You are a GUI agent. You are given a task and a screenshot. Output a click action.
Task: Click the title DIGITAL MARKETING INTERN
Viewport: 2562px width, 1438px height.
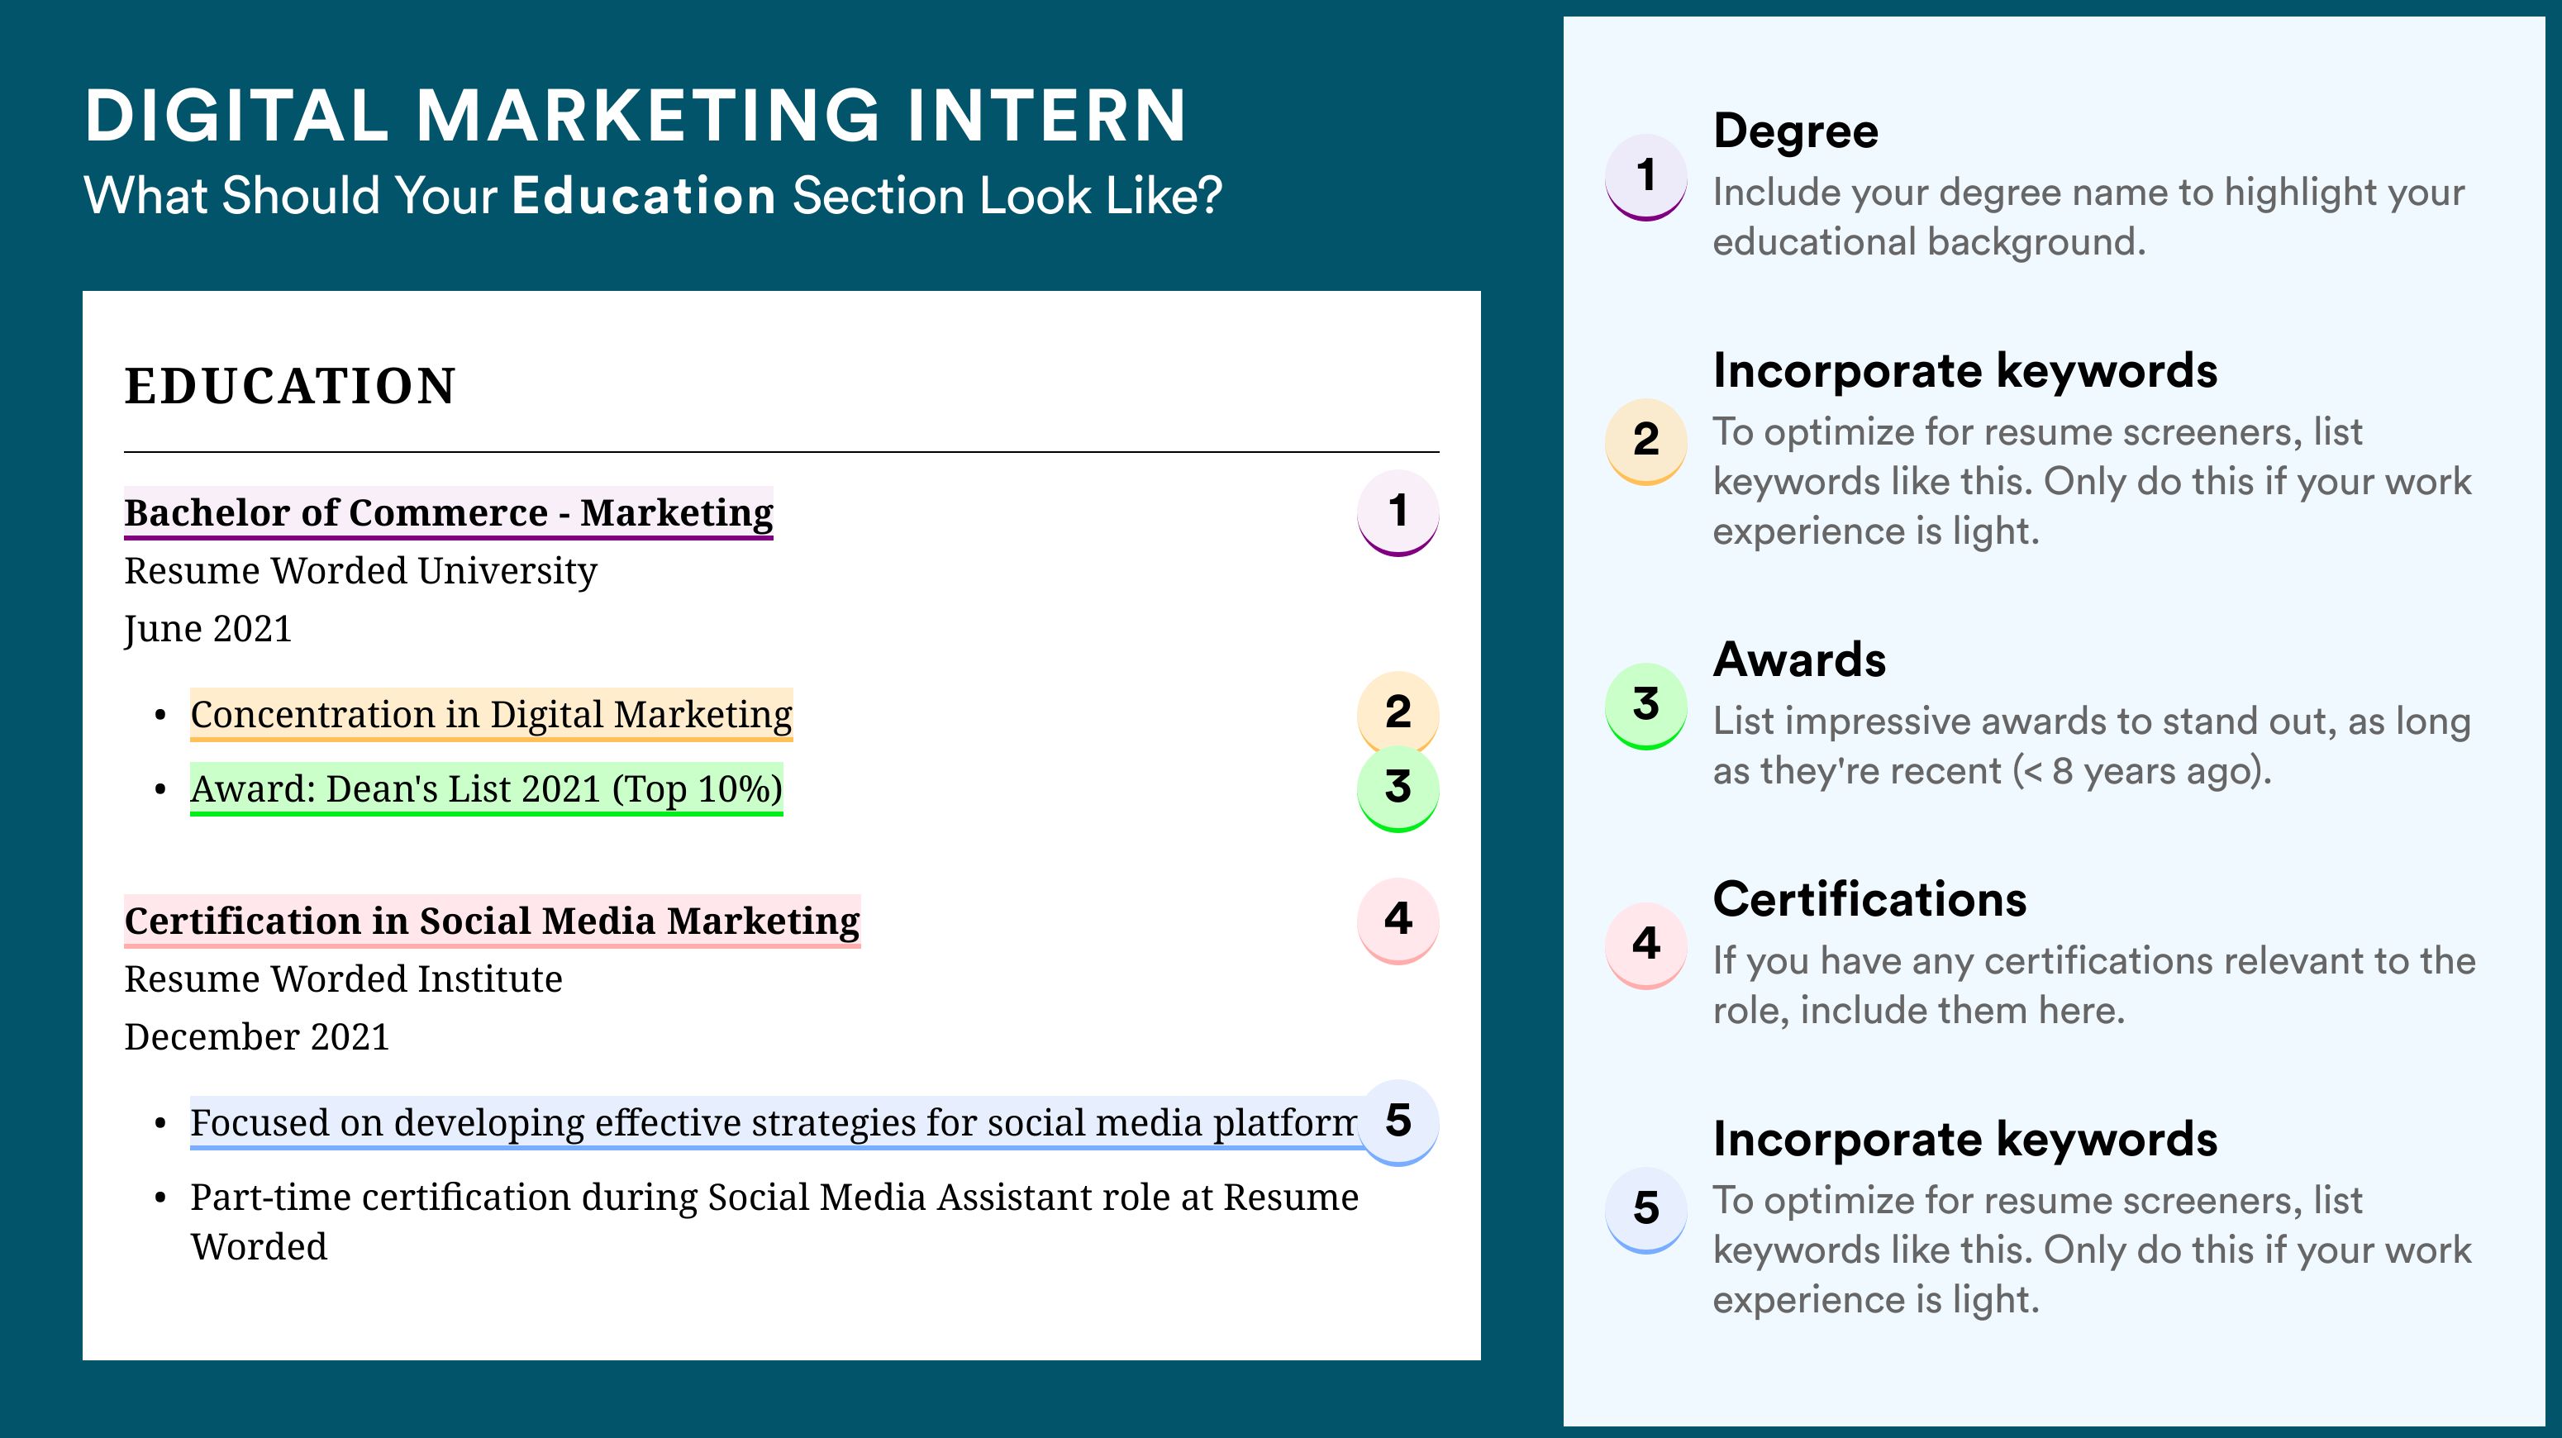click(636, 116)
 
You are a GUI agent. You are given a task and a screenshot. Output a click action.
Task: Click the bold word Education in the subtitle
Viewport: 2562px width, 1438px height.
click(644, 195)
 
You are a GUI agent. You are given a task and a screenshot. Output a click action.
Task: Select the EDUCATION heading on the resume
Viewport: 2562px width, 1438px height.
click(289, 386)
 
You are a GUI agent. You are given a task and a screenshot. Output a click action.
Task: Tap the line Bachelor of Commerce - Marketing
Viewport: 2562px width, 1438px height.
click(449, 512)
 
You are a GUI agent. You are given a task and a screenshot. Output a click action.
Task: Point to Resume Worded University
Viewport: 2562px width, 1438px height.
click(360, 571)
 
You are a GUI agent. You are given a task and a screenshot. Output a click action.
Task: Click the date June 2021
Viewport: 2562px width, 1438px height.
click(208, 628)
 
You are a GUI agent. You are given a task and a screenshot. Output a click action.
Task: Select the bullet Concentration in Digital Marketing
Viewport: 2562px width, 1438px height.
click(491, 714)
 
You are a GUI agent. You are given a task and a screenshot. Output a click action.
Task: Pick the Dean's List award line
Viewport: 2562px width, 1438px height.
click(486, 788)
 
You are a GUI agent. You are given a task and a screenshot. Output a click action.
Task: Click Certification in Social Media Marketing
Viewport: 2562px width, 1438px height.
click(493, 921)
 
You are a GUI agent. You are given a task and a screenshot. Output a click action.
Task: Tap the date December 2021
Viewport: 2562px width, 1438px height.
click(256, 1036)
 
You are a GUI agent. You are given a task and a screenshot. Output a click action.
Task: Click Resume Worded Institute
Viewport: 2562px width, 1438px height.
click(343, 979)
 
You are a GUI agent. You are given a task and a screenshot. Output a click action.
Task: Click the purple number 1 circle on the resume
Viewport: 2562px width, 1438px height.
click(1398, 512)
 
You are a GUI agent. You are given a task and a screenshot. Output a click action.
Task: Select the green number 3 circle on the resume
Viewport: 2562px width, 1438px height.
click(1398, 788)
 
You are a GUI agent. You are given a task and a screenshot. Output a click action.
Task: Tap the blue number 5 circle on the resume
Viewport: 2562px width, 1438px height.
click(1398, 1121)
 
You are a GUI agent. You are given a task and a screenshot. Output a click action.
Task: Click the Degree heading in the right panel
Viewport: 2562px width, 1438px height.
click(1795, 131)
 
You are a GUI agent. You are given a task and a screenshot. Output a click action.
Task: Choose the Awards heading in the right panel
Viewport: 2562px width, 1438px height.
click(1799, 659)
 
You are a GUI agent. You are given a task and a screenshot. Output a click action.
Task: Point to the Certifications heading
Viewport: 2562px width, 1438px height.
click(1869, 899)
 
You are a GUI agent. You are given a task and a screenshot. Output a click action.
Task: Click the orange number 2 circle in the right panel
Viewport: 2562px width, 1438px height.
click(1646, 440)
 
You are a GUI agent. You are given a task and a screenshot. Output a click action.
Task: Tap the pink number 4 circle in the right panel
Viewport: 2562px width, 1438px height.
click(1646, 945)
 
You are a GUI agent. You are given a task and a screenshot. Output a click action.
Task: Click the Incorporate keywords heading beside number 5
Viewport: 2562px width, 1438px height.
click(1965, 1140)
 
